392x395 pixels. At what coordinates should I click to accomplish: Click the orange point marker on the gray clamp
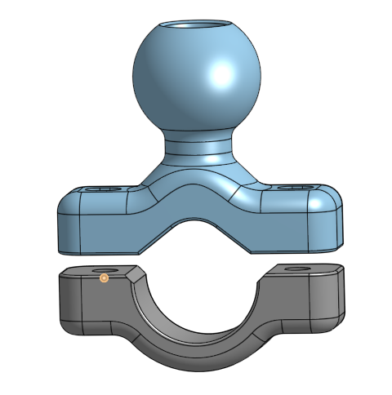(105, 278)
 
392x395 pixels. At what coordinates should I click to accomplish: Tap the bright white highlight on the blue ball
(221, 75)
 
